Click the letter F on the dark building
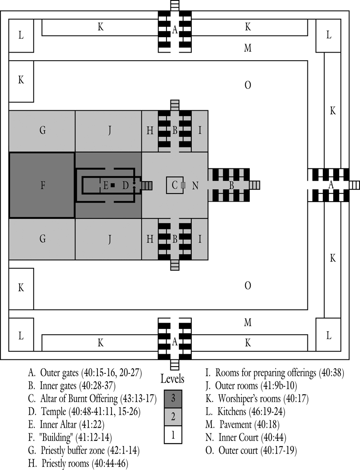point(43,185)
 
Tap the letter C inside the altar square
point(175,185)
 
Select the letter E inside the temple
point(105,185)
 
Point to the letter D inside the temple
point(125,185)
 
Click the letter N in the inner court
point(195,185)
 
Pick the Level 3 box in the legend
point(173,399)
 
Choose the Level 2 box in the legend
point(173,417)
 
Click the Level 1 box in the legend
point(173,435)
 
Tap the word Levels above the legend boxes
point(173,379)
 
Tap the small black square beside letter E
point(113,185)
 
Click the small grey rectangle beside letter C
point(183,185)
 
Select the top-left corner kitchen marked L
point(21,35)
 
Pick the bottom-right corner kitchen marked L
point(328,335)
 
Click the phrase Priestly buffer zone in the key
point(73,450)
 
